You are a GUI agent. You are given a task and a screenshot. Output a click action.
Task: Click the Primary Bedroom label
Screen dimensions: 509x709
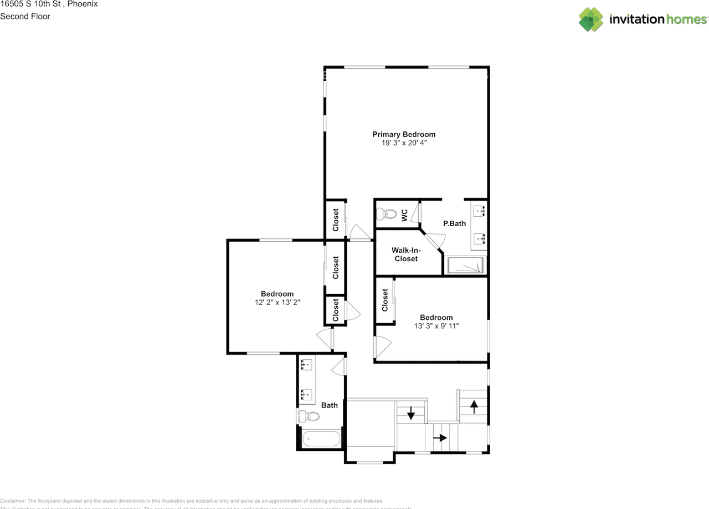coord(403,134)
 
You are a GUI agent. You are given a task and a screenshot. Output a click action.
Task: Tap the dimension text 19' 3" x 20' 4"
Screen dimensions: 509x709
coord(403,143)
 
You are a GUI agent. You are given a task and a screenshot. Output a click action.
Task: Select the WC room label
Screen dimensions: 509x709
coord(404,213)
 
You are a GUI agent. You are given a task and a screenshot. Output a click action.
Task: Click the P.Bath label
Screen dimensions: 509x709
coord(454,223)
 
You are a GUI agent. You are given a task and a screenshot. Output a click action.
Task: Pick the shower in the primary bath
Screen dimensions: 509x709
coord(465,266)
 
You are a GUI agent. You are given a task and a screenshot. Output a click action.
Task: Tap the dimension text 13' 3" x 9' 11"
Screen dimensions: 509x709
coord(436,327)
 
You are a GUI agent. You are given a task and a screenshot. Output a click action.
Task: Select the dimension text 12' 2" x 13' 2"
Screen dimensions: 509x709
coord(277,303)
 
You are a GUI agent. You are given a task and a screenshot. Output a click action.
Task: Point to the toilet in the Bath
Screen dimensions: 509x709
coord(309,416)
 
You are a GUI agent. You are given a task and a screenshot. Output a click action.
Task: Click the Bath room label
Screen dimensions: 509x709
coord(330,405)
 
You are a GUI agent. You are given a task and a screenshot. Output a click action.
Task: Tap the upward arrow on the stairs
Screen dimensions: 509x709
coord(474,406)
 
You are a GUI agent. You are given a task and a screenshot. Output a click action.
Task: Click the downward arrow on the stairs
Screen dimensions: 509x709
coord(411,413)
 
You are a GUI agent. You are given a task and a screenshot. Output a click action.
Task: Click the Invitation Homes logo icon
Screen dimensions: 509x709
coord(591,19)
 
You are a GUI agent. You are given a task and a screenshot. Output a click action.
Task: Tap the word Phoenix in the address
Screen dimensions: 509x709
coord(83,4)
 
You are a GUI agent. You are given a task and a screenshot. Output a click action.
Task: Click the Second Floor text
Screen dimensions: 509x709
coord(25,16)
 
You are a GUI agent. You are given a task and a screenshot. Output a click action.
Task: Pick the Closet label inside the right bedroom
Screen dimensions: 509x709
coord(385,300)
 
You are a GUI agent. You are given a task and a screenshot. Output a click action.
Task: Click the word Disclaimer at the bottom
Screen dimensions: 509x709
coord(12,501)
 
